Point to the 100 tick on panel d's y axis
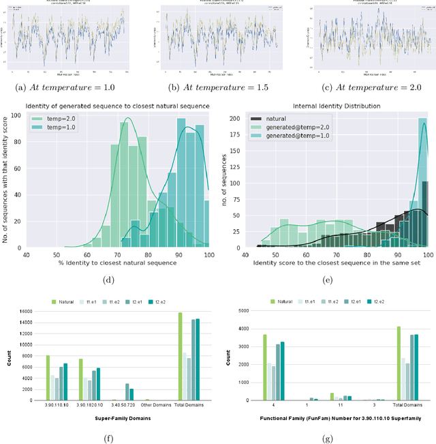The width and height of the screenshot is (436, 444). point(19,115)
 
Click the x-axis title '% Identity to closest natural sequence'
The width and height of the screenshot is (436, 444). point(116,263)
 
